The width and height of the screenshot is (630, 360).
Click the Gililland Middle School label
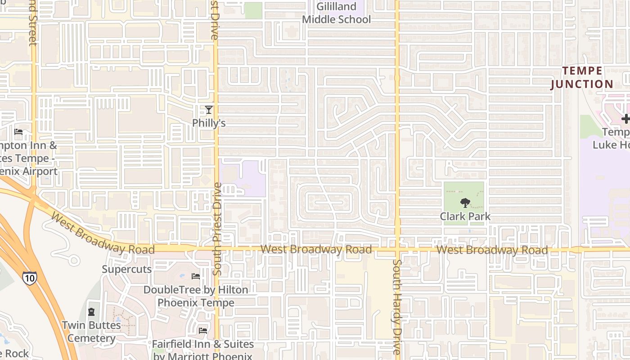click(x=337, y=13)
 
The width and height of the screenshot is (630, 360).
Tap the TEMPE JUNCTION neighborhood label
click(x=582, y=77)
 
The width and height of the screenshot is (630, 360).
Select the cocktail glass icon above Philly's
click(x=208, y=109)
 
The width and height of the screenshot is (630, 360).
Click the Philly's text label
click(x=208, y=123)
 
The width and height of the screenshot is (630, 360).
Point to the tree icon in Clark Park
click(x=465, y=203)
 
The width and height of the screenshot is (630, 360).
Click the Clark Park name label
click(x=465, y=216)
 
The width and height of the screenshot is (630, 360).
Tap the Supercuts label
click(x=127, y=269)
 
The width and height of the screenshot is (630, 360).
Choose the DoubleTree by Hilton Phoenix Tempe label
click(x=196, y=296)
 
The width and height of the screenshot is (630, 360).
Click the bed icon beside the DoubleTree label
click(x=196, y=276)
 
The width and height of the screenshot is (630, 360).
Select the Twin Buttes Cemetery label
click(x=91, y=331)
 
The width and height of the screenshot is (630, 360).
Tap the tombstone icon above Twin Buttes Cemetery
click(x=91, y=311)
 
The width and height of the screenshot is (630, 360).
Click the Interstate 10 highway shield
click(x=30, y=278)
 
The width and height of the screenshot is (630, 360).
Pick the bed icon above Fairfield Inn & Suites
click(x=203, y=331)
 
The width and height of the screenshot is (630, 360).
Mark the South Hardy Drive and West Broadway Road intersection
click(x=397, y=249)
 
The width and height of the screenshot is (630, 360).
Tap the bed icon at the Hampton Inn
click(x=18, y=132)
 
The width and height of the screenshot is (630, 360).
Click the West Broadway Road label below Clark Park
click(x=492, y=250)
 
